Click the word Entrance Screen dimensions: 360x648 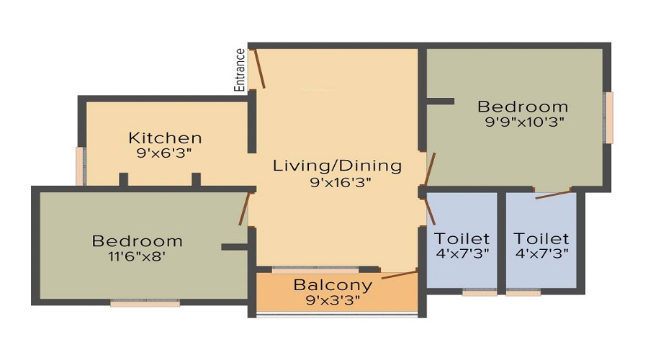tap(240, 70)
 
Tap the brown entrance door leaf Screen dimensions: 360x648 tap(258, 68)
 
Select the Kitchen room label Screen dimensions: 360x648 tap(165, 138)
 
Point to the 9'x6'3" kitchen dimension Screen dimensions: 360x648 tap(165, 153)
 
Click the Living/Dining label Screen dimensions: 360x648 tap(337, 166)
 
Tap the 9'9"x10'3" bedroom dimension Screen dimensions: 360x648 tap(523, 122)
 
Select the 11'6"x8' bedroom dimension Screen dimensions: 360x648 tap(137, 255)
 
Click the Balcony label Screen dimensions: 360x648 tap(333, 284)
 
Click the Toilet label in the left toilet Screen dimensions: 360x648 tap(462, 238)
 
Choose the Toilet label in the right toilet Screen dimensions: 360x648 tap(541, 238)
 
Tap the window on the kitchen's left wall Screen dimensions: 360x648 tap(81, 166)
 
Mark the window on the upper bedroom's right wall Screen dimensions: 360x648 tap(608, 117)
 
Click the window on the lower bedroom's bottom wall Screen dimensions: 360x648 tap(145, 303)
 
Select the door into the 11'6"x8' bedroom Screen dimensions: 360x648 tap(244, 209)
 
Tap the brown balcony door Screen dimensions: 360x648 tap(399, 274)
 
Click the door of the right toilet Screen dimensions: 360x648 tap(553, 193)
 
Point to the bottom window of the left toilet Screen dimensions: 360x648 tap(480, 293)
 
